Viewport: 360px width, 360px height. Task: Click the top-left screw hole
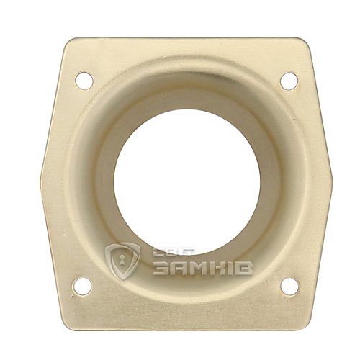(84, 81)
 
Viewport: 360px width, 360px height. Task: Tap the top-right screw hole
(289, 81)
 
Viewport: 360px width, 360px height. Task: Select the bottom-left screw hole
(82, 286)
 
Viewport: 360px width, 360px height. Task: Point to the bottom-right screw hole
(290, 286)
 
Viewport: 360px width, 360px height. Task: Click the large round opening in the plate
(186, 181)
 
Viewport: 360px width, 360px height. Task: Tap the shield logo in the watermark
(123, 261)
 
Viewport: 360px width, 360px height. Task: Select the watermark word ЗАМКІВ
(203, 268)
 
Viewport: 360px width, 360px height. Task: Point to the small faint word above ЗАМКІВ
(175, 252)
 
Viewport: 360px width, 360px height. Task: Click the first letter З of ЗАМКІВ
(161, 268)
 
